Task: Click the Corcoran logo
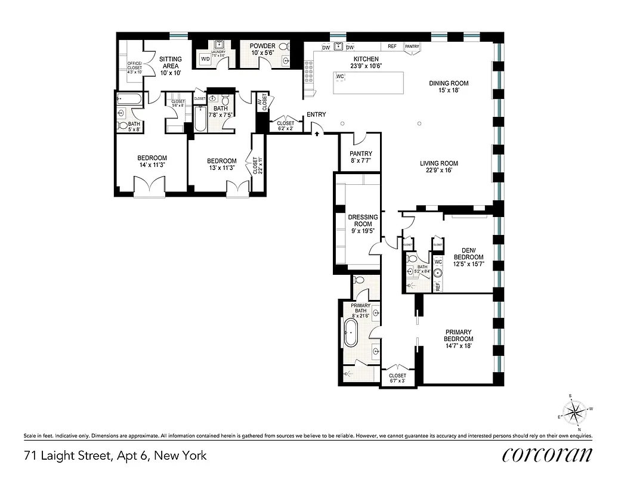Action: (548, 454)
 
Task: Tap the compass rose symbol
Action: (575, 411)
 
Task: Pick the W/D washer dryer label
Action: (205, 60)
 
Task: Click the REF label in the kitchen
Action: (392, 47)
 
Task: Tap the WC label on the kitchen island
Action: (341, 77)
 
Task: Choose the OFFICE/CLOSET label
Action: (134, 67)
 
